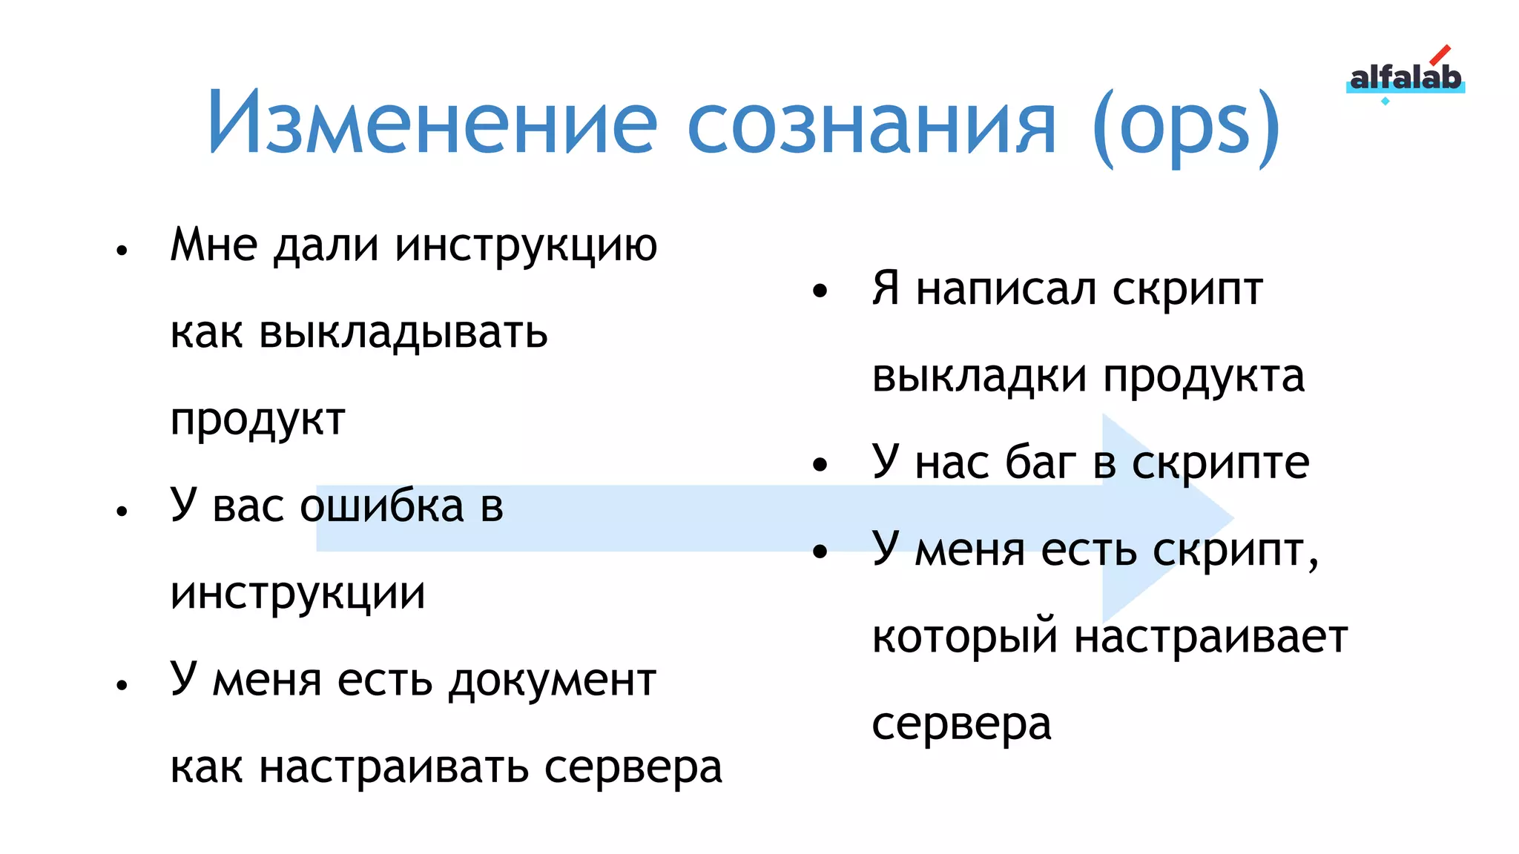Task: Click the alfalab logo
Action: point(1405,78)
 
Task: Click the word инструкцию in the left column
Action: point(526,245)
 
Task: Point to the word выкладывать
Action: point(403,332)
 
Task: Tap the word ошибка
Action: point(381,506)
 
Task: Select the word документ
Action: point(553,680)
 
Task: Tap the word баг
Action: point(1040,463)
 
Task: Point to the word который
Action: point(964,638)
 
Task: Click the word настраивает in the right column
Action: point(1210,637)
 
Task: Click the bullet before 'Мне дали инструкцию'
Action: point(122,250)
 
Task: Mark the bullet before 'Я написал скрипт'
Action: point(820,291)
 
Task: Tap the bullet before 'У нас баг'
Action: point(820,466)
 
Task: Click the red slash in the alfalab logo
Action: point(1440,56)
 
